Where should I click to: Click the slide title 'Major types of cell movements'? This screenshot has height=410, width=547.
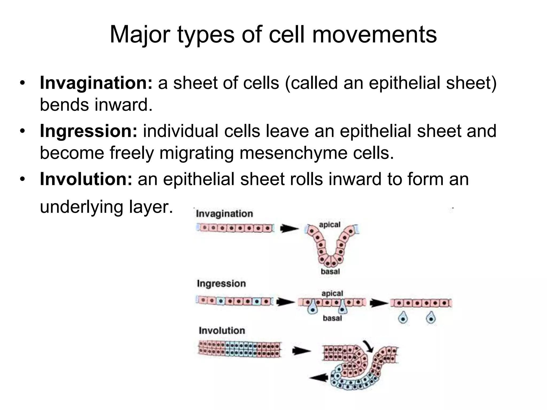pos(273,35)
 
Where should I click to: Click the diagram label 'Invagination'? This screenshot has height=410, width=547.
pos(224,214)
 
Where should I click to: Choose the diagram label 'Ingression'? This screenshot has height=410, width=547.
pos(221,283)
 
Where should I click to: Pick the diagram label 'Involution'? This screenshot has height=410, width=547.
pos(222,330)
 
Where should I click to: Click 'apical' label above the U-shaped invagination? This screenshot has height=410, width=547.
pos(330,224)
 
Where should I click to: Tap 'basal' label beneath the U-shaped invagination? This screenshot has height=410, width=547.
pos(330,272)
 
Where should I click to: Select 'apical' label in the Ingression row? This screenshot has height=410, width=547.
pos(332,293)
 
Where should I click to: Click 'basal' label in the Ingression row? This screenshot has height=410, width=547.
pos(332,318)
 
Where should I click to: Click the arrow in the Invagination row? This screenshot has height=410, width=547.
pos(289,228)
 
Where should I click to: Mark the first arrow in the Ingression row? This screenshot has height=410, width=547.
pos(285,302)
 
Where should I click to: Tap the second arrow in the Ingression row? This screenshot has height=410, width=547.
pos(379,303)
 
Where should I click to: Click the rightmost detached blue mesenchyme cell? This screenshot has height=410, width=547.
pos(431,318)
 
